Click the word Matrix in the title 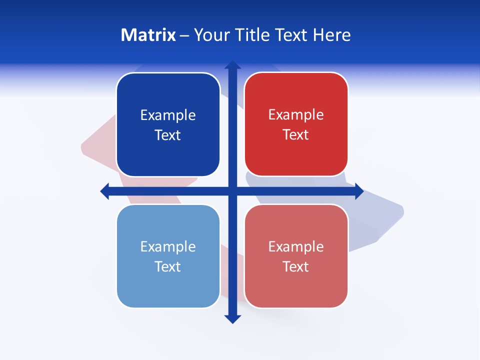coord(148,35)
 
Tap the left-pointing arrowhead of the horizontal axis coord(105,191)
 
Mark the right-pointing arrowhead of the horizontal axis coord(359,191)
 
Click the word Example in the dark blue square coord(168,115)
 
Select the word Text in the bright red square coord(296,135)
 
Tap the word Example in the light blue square coord(168,246)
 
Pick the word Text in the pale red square coord(296,266)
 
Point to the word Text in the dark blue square coord(168,135)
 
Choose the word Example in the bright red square coord(296,115)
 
